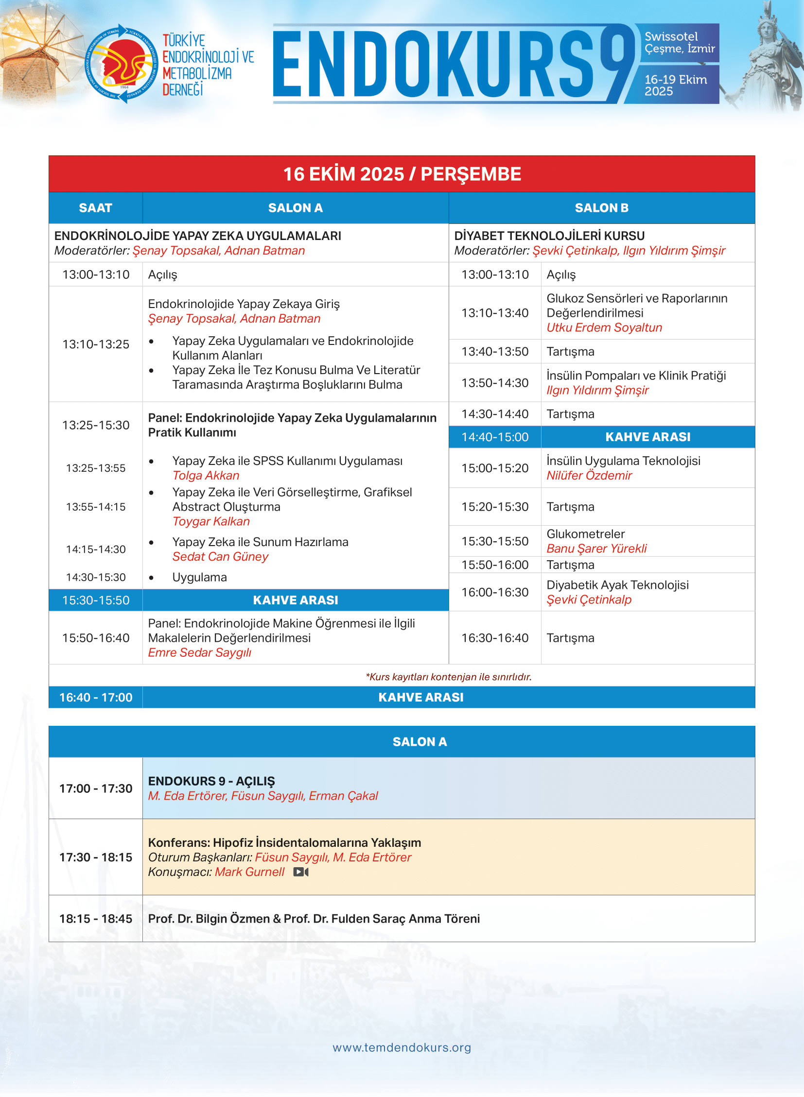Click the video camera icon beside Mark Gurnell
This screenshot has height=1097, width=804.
click(x=301, y=872)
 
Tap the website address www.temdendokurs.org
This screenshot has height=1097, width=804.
click(x=402, y=1047)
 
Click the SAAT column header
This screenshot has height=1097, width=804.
click(x=95, y=208)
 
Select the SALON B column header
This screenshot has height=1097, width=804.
click(x=601, y=208)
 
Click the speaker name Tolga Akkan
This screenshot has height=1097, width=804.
click(x=206, y=475)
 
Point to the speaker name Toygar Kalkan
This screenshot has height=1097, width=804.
click(x=211, y=521)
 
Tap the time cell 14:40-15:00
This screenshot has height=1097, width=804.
click(x=494, y=437)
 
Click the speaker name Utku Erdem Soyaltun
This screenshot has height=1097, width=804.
click(x=604, y=327)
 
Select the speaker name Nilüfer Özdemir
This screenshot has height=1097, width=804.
click(x=589, y=475)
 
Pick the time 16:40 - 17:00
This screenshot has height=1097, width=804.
click(x=95, y=697)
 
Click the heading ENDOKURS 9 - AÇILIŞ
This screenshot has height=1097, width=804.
click(x=211, y=781)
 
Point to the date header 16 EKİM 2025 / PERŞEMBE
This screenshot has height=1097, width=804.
click(x=402, y=173)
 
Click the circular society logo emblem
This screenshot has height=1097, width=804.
click(x=122, y=63)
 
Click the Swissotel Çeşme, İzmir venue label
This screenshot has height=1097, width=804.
click(x=680, y=42)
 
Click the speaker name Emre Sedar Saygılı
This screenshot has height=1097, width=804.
click(x=199, y=652)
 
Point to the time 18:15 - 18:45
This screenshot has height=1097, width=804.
click(x=95, y=919)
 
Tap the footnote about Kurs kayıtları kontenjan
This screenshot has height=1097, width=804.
click(x=448, y=677)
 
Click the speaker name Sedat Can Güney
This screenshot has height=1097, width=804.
click(x=220, y=557)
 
